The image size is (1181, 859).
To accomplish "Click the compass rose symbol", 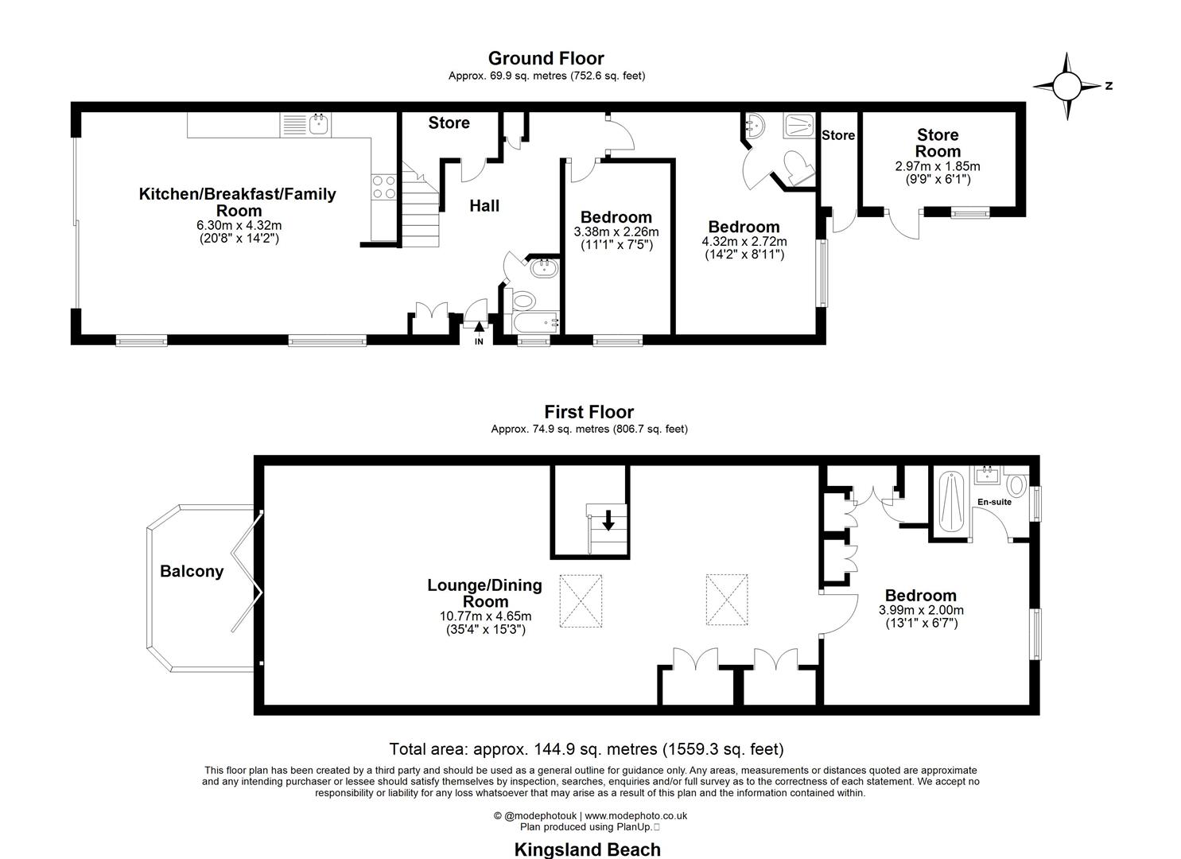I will click(x=1067, y=85).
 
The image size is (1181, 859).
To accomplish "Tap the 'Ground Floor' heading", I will click(x=546, y=58).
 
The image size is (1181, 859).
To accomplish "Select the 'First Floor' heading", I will click(x=589, y=412).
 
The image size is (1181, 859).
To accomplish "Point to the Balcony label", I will click(x=192, y=571).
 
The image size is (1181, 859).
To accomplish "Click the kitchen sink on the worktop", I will click(x=321, y=124).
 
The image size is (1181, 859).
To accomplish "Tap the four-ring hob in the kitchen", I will click(x=384, y=187).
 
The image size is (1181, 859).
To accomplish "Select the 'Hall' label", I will click(x=484, y=206).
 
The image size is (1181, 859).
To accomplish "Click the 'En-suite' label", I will click(x=994, y=502).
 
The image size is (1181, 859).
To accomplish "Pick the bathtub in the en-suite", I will click(x=950, y=504).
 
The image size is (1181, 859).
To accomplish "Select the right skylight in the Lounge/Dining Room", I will click(x=726, y=601).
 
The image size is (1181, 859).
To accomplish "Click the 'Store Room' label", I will click(x=938, y=143).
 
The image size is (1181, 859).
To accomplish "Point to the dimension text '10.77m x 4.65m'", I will click(x=485, y=616).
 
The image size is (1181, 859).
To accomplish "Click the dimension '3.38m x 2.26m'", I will click(x=616, y=231).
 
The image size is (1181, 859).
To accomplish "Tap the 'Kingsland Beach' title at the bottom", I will click(x=587, y=849).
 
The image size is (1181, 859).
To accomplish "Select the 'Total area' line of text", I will click(x=586, y=749).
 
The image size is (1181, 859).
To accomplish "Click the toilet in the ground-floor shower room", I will click(x=797, y=168).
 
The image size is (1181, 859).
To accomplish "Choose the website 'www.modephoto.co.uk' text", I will click(x=636, y=815).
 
